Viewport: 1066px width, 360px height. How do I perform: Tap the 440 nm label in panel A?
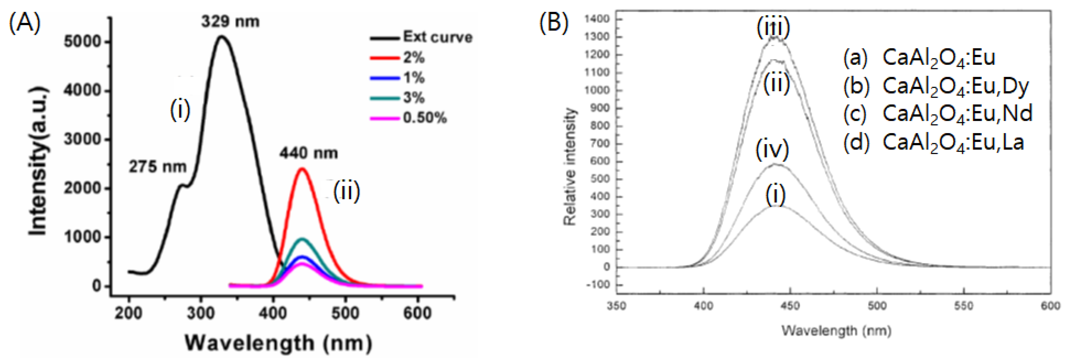pos(308,153)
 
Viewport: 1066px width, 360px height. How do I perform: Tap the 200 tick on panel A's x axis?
pos(128,313)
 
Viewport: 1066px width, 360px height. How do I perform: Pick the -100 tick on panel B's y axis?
pos(597,285)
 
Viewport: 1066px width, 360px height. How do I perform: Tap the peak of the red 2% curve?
pos(302,168)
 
